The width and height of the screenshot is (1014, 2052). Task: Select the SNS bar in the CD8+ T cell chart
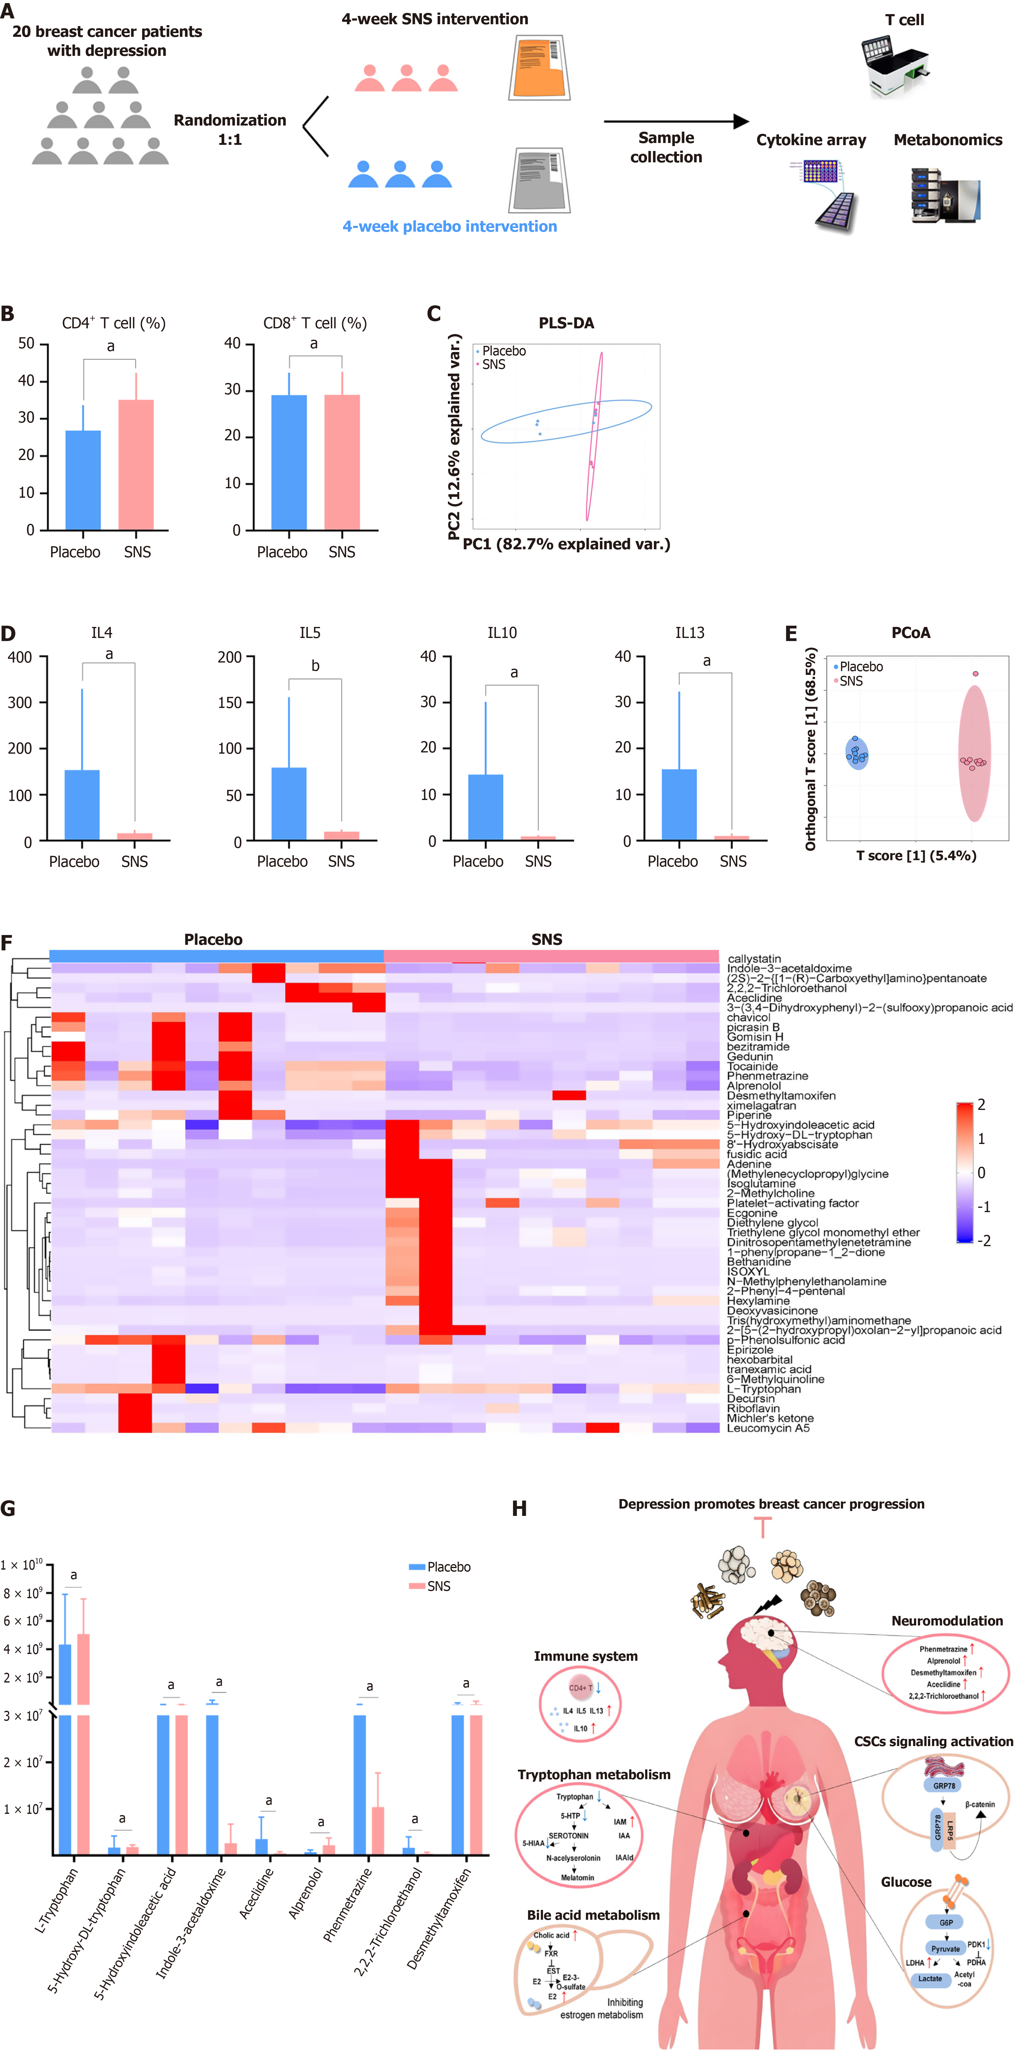coord(342,462)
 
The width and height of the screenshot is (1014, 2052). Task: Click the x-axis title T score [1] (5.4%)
coord(915,856)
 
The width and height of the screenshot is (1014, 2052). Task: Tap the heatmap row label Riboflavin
coord(753,1409)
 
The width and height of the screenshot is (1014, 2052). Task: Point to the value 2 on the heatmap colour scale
coord(981,1105)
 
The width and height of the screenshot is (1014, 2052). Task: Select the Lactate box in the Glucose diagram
coord(930,1979)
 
